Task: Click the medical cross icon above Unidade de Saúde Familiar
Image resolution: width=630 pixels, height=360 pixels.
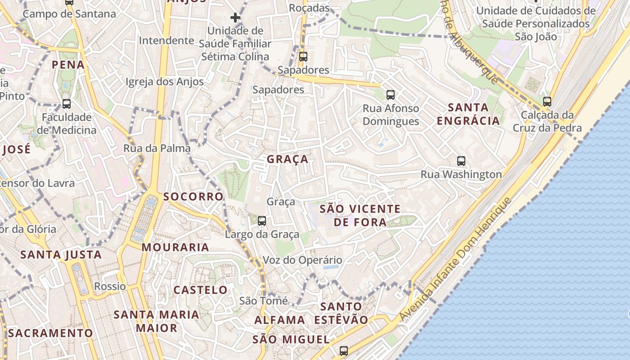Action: pyautogui.click(x=235, y=18)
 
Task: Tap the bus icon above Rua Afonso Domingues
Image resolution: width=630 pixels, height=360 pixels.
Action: pyautogui.click(x=391, y=95)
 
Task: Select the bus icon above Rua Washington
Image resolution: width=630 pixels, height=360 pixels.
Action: pyautogui.click(x=461, y=161)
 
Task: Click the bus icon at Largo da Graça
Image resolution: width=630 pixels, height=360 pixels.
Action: pyautogui.click(x=262, y=221)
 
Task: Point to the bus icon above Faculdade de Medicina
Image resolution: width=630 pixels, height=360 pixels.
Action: pyautogui.click(x=67, y=104)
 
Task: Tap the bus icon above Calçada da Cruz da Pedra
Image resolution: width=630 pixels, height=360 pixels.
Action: pyautogui.click(x=547, y=102)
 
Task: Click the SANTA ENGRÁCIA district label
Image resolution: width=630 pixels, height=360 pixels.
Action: pyautogui.click(x=468, y=114)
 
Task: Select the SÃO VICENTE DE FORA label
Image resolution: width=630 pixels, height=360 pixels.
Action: pyautogui.click(x=360, y=216)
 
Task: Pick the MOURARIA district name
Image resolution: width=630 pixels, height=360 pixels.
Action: pyautogui.click(x=175, y=247)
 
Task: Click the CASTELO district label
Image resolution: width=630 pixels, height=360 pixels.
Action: pyautogui.click(x=200, y=290)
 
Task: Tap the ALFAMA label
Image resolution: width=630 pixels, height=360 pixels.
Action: pyautogui.click(x=279, y=320)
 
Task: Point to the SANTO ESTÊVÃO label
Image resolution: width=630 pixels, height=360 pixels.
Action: pyautogui.click(x=341, y=313)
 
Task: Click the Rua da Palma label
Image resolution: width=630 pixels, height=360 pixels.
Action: pyautogui.click(x=157, y=148)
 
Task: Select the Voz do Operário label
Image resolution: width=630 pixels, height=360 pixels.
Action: pyautogui.click(x=302, y=260)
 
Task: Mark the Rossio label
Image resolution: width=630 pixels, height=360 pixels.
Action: pyautogui.click(x=110, y=287)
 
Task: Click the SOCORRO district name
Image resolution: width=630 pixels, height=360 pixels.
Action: pyautogui.click(x=193, y=197)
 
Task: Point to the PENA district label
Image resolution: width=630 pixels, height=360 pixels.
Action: pyautogui.click(x=68, y=65)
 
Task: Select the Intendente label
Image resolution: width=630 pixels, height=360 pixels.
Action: pyautogui.click(x=166, y=40)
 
